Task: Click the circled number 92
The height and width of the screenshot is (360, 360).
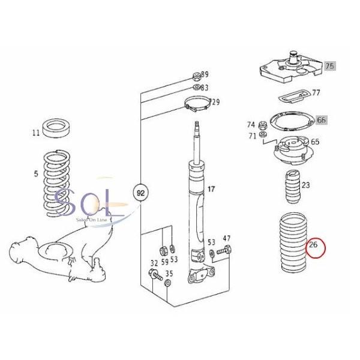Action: point(139,194)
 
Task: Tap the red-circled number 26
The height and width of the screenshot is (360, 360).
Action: point(314,245)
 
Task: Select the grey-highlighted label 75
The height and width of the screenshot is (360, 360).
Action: point(329,67)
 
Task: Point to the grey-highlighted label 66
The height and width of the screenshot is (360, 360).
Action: point(322,120)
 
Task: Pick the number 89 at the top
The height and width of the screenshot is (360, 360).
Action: point(204,75)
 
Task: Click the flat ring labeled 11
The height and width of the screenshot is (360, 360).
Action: point(59,128)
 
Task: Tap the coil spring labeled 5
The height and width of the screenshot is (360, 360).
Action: point(64,183)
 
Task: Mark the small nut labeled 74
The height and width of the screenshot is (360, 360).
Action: point(262,127)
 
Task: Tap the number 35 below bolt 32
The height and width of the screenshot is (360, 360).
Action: point(169,274)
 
